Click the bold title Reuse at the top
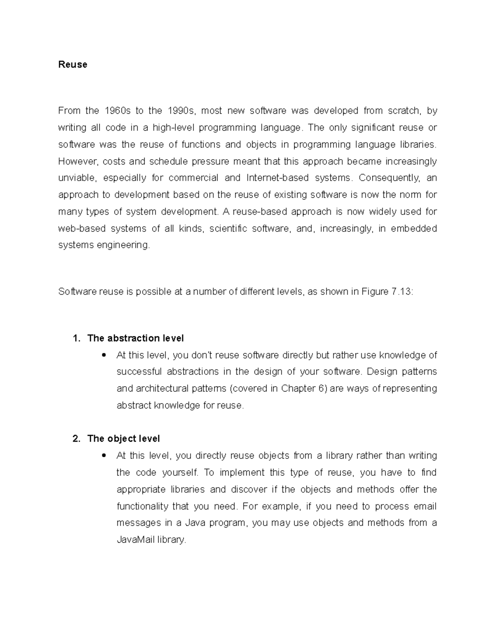pyautogui.click(x=73, y=64)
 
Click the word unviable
pyautogui.click(x=77, y=178)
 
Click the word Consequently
pyautogui.click(x=389, y=178)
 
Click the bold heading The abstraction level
pyautogui.click(x=136, y=338)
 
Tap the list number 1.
pyautogui.click(x=76, y=338)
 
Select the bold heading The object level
pyautogui.click(x=124, y=439)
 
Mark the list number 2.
pyautogui.click(x=76, y=439)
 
